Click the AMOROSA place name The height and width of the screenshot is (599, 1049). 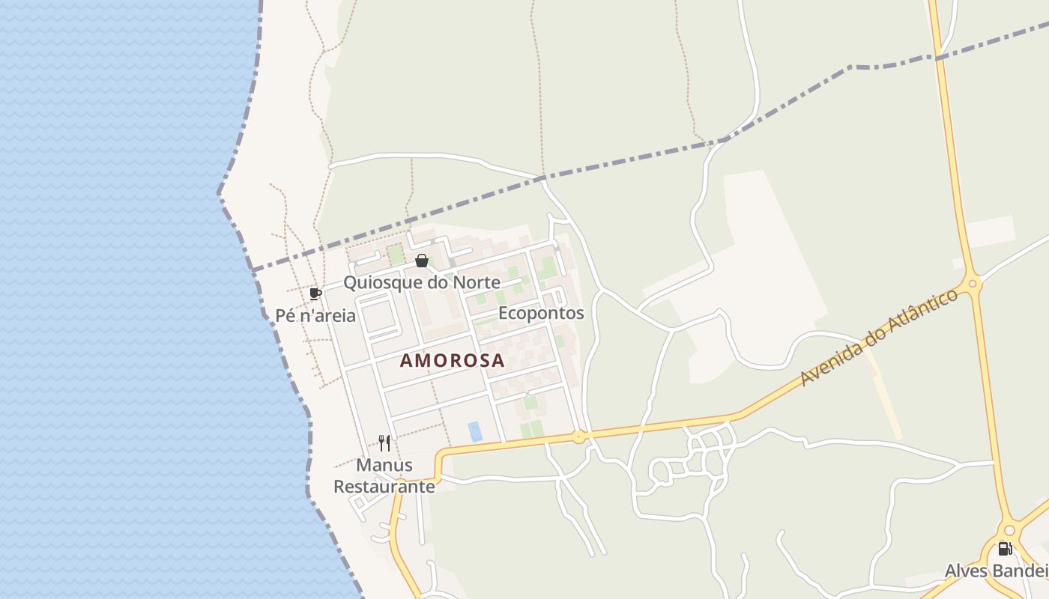click(452, 360)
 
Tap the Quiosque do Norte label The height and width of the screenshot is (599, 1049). click(421, 282)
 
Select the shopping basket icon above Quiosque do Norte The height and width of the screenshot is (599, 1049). click(422, 261)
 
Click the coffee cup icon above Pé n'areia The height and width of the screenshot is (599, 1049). click(315, 294)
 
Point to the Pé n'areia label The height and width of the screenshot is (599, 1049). click(315, 315)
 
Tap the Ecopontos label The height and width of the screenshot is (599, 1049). click(541, 312)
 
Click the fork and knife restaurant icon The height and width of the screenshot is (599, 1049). click(384, 443)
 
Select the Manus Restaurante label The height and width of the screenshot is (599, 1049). click(384, 476)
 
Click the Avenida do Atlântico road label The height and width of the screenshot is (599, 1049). click(879, 338)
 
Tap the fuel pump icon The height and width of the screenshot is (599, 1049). click(1006, 549)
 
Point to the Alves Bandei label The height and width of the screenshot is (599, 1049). click(996, 571)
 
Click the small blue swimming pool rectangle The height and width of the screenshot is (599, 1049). click(475, 431)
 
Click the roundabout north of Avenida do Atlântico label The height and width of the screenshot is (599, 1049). click(973, 283)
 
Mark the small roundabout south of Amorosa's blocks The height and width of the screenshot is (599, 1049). click(578, 437)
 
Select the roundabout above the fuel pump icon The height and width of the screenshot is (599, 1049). click(1009, 530)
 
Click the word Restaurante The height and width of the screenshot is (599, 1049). click(384, 487)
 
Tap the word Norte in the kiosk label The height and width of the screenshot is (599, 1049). click(476, 282)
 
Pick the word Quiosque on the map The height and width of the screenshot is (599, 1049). click(379, 282)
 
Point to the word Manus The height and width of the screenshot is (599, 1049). click(384, 465)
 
